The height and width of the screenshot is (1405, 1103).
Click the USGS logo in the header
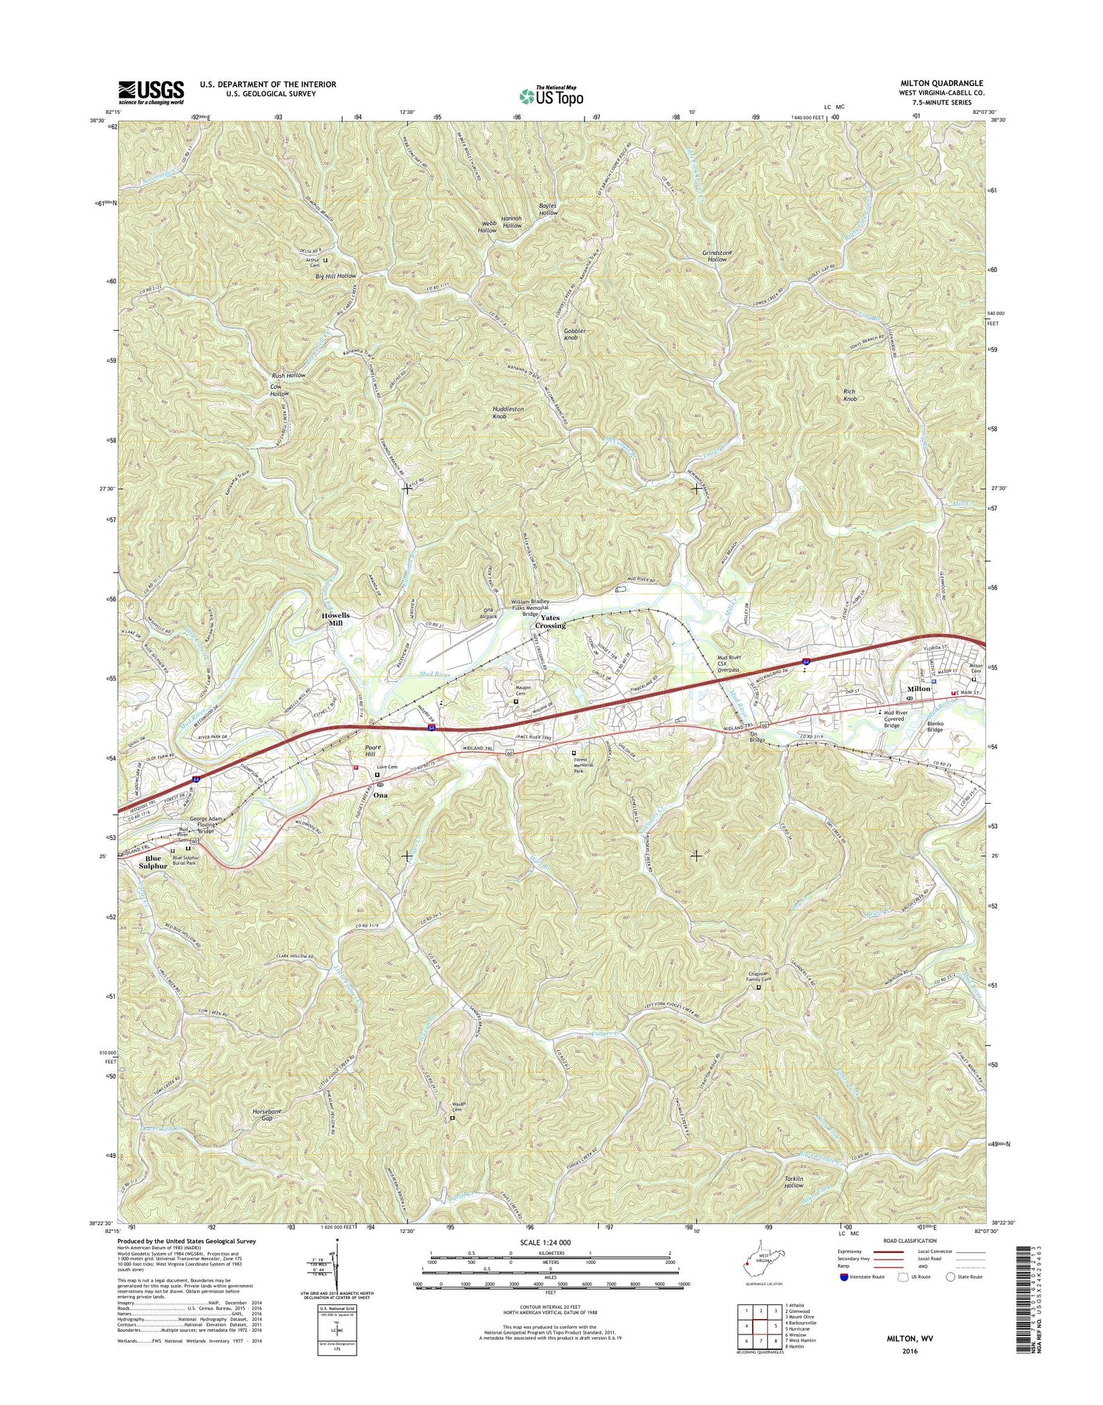click(151, 92)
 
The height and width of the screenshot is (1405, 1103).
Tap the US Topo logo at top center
click(551, 96)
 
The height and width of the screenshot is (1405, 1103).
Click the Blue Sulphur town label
click(153, 862)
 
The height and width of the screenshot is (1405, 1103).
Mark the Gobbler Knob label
click(574, 334)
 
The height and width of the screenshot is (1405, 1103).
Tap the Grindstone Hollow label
click(717, 256)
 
